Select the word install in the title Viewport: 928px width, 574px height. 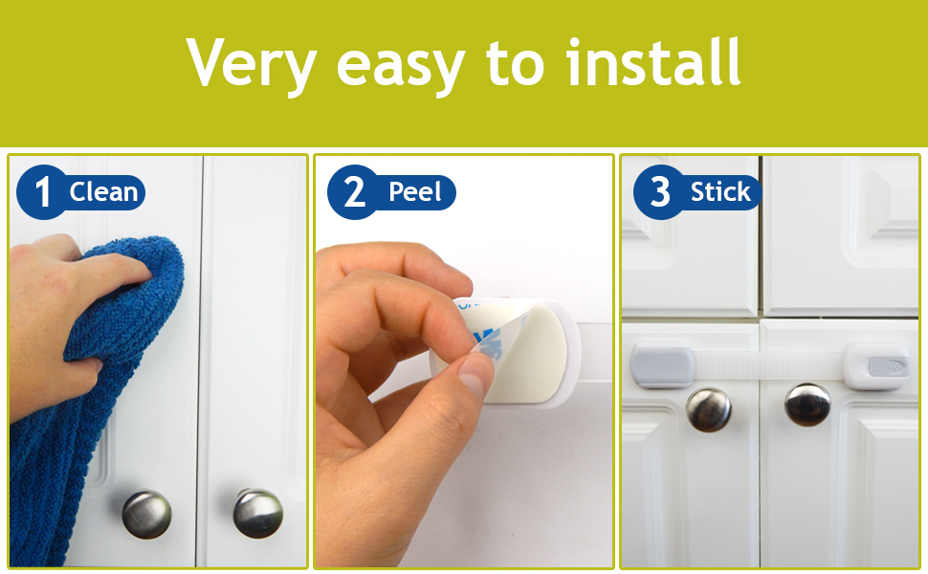pyautogui.click(x=653, y=61)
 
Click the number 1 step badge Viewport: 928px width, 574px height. pyautogui.click(x=42, y=191)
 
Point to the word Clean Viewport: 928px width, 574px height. pyautogui.click(x=103, y=191)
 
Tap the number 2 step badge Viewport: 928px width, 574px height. pyautogui.click(x=354, y=191)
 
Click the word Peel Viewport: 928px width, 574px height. pyautogui.click(x=415, y=191)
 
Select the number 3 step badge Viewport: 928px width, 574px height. pyautogui.click(x=660, y=191)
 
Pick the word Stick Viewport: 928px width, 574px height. pyautogui.click(x=720, y=191)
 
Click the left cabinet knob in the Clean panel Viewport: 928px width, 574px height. pyautogui.click(x=146, y=514)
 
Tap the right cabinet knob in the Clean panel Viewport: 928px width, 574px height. pyautogui.click(x=257, y=513)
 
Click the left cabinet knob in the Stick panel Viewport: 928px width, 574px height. pyautogui.click(x=708, y=409)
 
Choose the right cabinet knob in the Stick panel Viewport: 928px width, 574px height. pyautogui.click(x=807, y=405)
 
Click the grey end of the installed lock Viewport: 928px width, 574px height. pyautogui.click(x=661, y=367)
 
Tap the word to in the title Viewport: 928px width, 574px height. pyautogui.click(x=515, y=64)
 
